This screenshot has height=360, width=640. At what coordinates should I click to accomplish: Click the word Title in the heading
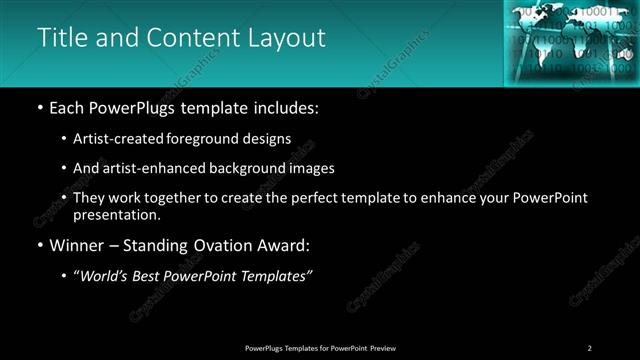(63, 38)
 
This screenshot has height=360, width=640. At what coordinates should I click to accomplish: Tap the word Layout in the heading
(288, 38)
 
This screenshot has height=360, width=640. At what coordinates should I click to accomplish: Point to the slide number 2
(589, 347)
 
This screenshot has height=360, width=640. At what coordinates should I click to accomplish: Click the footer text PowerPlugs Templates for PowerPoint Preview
(319, 347)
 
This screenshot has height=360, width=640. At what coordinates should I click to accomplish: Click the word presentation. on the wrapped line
(117, 214)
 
